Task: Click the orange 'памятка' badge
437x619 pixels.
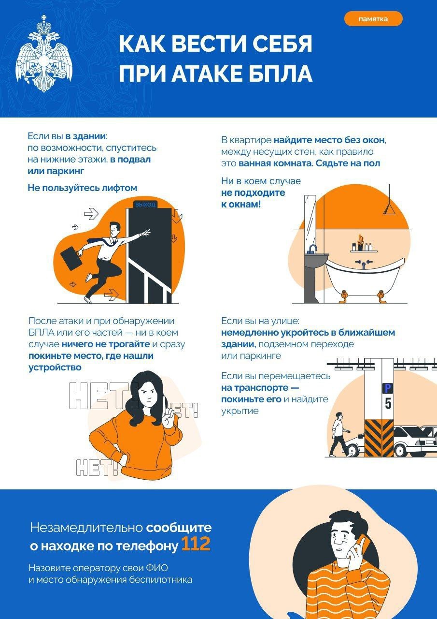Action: [373, 19]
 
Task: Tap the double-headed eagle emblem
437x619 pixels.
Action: [43, 54]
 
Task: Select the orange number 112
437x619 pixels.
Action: [196, 545]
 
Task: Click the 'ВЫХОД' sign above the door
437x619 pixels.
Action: [145, 205]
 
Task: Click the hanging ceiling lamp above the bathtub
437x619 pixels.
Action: [390, 208]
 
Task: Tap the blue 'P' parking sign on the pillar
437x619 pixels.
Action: [387, 388]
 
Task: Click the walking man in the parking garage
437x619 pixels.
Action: [338, 434]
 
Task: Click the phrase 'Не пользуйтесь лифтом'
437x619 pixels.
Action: [83, 188]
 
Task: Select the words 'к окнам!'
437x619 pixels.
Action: [241, 204]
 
